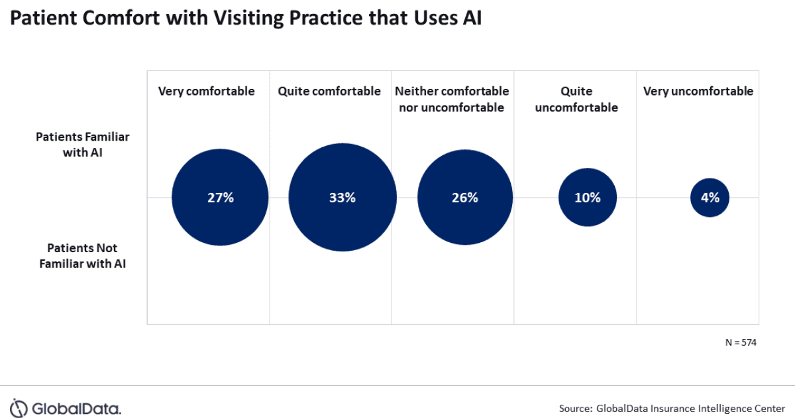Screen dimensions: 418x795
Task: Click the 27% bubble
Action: coord(220,197)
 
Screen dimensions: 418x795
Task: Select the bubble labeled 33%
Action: coord(343,197)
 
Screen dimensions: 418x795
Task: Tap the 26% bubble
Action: coord(465,197)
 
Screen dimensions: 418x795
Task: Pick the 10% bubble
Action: coord(588,197)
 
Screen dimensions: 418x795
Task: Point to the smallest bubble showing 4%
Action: coord(710,197)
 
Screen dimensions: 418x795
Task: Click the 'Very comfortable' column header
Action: coord(206,92)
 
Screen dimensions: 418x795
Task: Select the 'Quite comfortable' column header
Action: coord(329,92)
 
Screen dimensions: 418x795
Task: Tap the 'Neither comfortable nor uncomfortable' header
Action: coord(452,99)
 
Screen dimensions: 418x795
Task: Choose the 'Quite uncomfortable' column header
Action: coord(575,99)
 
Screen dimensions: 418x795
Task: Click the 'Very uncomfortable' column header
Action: coord(698,92)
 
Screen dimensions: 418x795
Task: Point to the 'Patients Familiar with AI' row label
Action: coord(82,144)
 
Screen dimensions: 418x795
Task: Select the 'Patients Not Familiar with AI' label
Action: coord(82,255)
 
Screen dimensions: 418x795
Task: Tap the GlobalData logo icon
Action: coord(20,407)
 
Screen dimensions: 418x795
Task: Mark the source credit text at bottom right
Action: coord(672,407)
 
